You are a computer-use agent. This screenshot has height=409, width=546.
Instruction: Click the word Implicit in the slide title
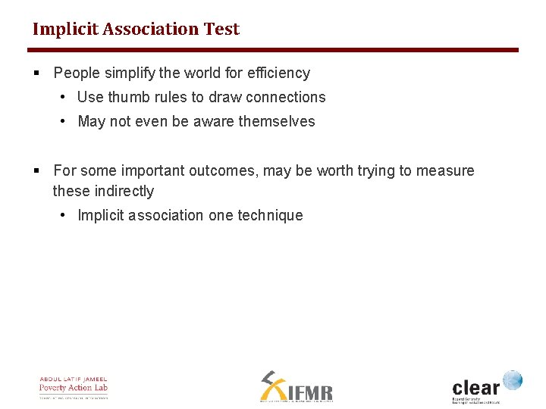point(66,30)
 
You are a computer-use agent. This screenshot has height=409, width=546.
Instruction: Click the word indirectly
point(124,192)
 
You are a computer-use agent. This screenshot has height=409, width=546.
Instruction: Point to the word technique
point(270,216)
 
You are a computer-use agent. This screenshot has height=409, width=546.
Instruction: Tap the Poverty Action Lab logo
point(74,387)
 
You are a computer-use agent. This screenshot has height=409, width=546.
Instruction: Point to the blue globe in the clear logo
point(513,380)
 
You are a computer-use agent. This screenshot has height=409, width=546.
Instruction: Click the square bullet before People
point(36,73)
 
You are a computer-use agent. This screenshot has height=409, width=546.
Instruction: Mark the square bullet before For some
point(36,171)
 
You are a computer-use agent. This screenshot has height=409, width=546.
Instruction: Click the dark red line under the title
point(273,50)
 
